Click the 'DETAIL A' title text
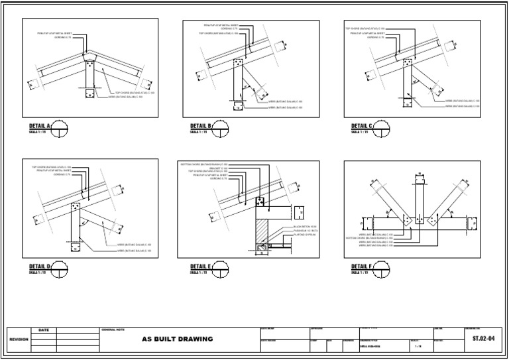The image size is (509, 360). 40,125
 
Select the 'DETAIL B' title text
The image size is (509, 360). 201,125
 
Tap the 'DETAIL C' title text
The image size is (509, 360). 362,125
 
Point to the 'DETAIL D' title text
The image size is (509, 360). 40,267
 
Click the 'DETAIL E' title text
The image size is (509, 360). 201,267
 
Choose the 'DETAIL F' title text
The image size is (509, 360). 362,267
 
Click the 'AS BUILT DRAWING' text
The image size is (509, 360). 178,339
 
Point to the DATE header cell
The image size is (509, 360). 44,330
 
